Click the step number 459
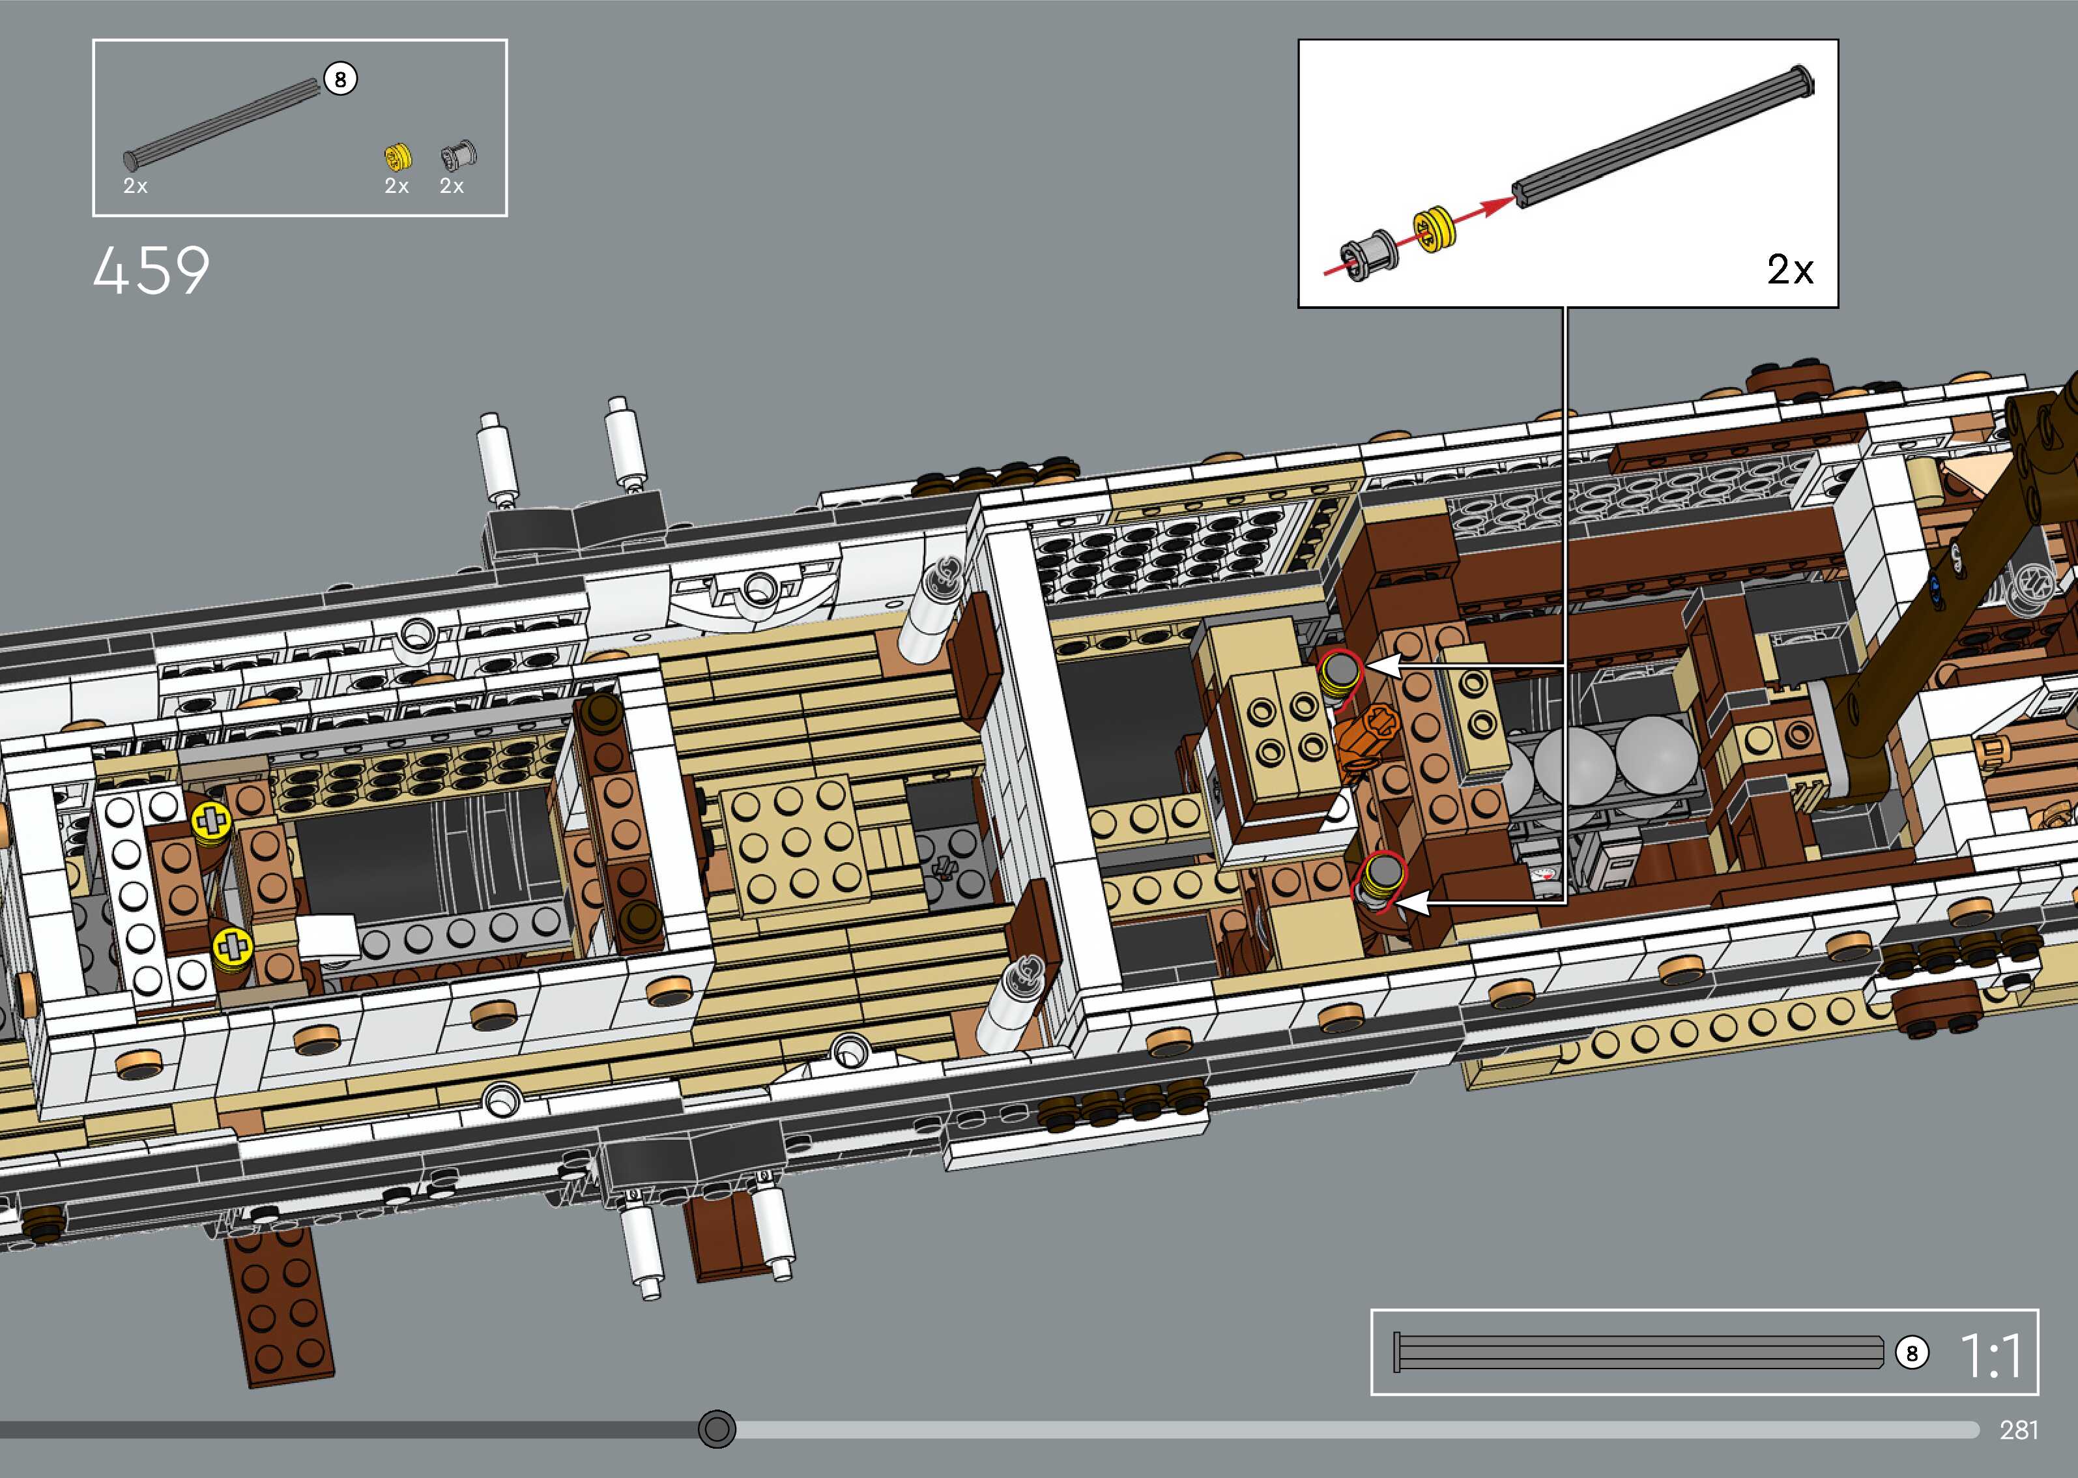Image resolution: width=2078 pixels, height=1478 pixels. (x=151, y=270)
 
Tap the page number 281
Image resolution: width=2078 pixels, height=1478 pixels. (x=2018, y=1430)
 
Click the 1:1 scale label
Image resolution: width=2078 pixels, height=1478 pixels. (x=1991, y=1354)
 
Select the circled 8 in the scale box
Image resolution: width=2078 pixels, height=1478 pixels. (x=1911, y=1354)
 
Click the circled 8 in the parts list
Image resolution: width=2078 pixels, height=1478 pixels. (x=340, y=80)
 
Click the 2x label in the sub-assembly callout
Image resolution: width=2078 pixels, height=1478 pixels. (x=1789, y=269)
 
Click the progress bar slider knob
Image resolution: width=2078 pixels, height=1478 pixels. (x=717, y=1429)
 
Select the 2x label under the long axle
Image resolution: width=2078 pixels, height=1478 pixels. (x=136, y=186)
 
